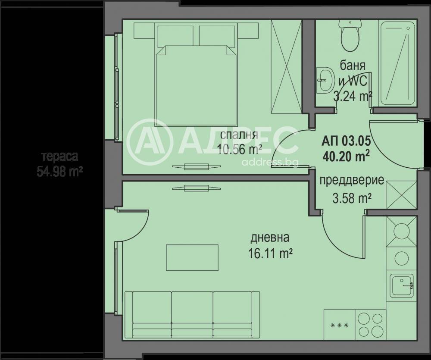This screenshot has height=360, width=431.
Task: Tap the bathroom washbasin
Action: point(325,80)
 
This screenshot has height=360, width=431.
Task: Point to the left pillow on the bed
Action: point(175,35)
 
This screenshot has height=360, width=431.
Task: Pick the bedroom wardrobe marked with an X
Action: point(286,66)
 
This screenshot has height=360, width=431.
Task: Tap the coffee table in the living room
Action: point(192,258)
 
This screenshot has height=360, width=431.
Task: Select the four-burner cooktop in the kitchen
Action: point(370,325)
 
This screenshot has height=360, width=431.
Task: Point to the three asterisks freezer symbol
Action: point(339,325)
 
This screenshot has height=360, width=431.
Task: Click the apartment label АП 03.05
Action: point(346,141)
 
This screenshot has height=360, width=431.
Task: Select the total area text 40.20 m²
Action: point(346,157)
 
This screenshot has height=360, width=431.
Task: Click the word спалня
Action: point(239,135)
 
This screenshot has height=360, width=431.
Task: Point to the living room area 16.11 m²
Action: point(270,253)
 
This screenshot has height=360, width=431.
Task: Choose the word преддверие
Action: point(352,180)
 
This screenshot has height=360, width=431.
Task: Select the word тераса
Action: point(59,157)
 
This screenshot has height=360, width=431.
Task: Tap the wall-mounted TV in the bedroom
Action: point(196,166)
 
